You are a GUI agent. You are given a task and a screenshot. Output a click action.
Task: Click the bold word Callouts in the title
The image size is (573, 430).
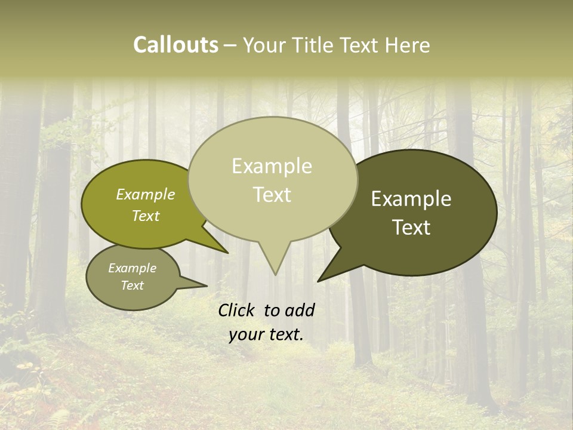coord(175,45)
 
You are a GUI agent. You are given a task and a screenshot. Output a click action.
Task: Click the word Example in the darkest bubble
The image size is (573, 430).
coord(411,199)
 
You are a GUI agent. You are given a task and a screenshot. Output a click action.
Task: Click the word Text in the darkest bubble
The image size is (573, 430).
coord(411,228)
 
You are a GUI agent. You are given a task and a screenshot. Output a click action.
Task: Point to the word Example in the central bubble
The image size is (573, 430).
coord(272,167)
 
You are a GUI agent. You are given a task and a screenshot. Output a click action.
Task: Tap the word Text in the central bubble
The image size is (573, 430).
coord(272,195)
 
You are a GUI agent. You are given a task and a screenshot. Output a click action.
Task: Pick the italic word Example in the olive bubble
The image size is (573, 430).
coord(146,195)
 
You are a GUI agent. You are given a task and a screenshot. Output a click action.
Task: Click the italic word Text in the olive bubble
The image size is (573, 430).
coord(146,216)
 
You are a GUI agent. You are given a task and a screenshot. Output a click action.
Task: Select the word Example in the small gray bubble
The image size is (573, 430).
coord(132,268)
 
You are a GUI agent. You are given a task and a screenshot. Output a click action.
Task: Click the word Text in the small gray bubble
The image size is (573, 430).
coord(132,285)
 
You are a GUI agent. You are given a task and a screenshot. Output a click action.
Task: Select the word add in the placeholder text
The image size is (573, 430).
coord(299,310)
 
